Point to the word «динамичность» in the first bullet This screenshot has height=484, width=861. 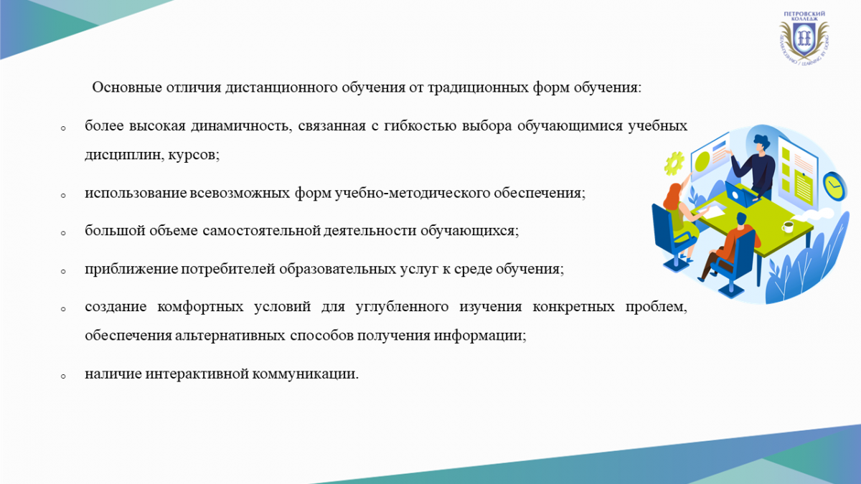click(239, 126)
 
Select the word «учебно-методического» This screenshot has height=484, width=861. click(412, 193)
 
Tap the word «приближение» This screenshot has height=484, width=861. click(131, 269)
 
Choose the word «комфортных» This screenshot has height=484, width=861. click(200, 308)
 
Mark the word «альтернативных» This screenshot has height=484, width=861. click(230, 336)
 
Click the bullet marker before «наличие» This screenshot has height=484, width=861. click(63, 377)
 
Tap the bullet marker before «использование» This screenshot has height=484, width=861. click(63, 196)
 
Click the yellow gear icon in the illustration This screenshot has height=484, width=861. click(674, 163)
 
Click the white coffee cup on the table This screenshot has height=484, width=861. click(788, 227)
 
